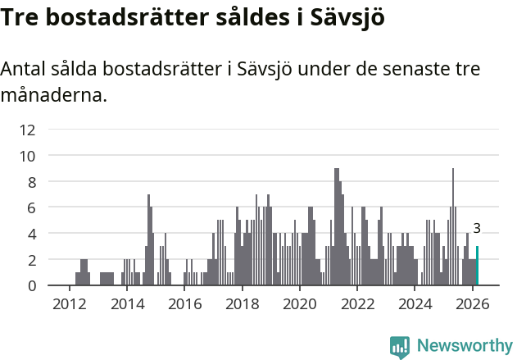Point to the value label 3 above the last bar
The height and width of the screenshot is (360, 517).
point(477,229)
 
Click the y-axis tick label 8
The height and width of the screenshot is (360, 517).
point(31,181)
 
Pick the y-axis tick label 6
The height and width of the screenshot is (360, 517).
point(31,207)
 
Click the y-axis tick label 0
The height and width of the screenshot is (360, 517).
point(31,285)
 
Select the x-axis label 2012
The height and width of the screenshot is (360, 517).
point(69,303)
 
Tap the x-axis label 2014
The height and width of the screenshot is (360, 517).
point(126,303)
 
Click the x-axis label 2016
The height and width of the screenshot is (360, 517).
point(184,303)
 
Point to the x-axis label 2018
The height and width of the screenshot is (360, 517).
point(242,303)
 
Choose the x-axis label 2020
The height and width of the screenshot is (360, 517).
point(300,303)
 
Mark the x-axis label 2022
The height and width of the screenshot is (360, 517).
point(357,303)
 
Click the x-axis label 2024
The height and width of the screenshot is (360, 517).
point(415,303)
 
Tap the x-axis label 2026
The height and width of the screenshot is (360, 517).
point(473,303)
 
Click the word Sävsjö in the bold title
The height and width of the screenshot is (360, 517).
point(348,16)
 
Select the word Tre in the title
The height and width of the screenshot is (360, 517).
point(21,16)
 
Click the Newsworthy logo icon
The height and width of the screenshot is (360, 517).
point(400,346)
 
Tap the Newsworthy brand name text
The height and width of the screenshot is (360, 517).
point(464,346)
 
